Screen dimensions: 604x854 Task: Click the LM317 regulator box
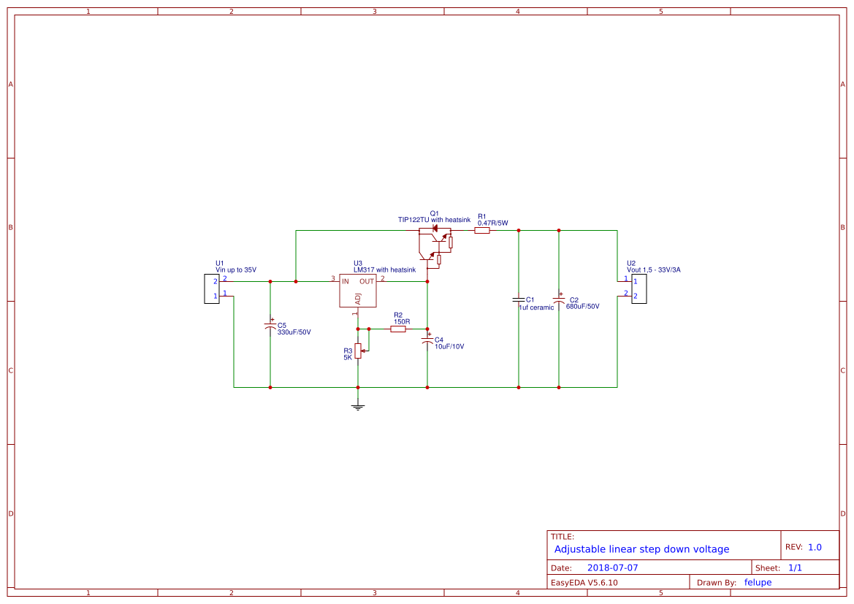tap(357, 291)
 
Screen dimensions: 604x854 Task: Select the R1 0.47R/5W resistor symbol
tap(481, 231)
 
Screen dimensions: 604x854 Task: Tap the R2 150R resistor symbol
tap(397, 329)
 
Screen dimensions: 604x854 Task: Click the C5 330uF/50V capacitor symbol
tap(270, 326)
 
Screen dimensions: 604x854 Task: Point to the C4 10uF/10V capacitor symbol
tap(427, 340)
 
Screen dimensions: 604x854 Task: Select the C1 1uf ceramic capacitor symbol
tap(519, 300)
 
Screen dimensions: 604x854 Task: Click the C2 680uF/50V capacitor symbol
tap(559, 301)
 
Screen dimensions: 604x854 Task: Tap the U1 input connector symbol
tap(210, 288)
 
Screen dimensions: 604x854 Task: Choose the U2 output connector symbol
tap(638, 288)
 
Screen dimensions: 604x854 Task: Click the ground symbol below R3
tap(358, 406)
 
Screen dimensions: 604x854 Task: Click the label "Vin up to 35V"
tap(235, 269)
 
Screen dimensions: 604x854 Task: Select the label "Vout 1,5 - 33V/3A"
tap(653, 269)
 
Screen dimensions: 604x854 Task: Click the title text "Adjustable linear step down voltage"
tap(641, 549)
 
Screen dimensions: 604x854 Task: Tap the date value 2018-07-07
tap(612, 567)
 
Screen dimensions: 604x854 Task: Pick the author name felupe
tap(758, 582)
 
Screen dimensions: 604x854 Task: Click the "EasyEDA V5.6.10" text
tap(584, 583)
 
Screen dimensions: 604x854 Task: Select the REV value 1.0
tap(815, 547)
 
